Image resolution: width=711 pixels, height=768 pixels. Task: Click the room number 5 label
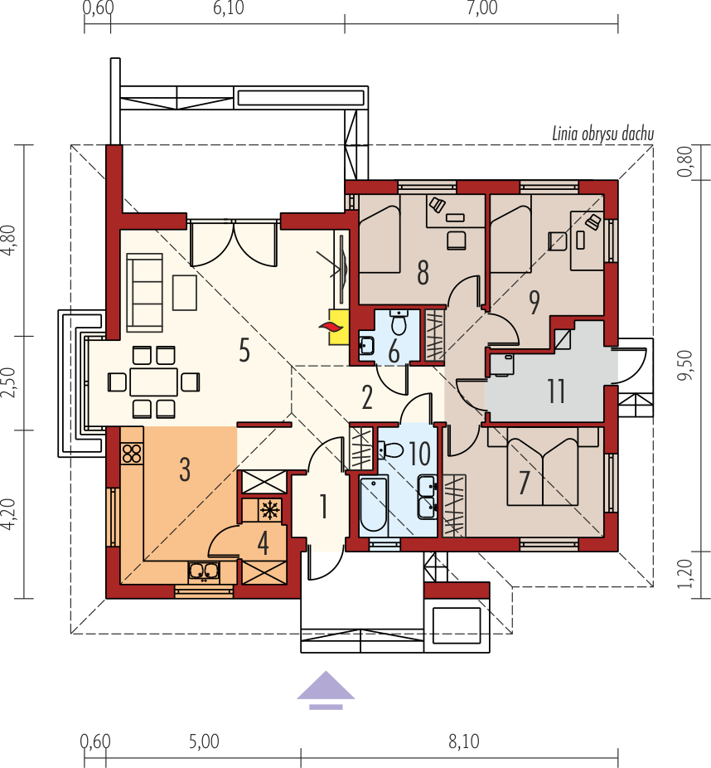244,351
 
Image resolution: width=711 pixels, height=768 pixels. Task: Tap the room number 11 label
556,391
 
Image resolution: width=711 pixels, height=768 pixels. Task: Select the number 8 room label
423,272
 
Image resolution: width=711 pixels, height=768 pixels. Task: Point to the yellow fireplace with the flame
338,327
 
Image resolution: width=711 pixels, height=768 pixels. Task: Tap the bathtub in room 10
374,504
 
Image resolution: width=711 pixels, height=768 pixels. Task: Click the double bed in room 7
543,466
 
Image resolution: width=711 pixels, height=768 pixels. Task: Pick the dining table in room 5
153,382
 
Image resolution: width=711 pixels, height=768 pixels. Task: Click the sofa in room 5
144,293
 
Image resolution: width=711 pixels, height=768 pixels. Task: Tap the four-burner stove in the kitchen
132,453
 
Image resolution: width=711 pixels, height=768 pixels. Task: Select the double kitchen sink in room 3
204,571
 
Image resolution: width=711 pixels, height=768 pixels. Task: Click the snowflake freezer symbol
269,510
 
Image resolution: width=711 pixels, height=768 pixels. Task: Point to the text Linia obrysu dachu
602,134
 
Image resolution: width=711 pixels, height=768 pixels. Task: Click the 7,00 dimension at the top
482,8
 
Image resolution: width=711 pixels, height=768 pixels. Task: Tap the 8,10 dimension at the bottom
464,741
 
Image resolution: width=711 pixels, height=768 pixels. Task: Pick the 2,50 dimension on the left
9,383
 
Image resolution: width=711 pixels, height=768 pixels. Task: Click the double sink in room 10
428,497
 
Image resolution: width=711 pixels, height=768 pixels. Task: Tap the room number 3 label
185,469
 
